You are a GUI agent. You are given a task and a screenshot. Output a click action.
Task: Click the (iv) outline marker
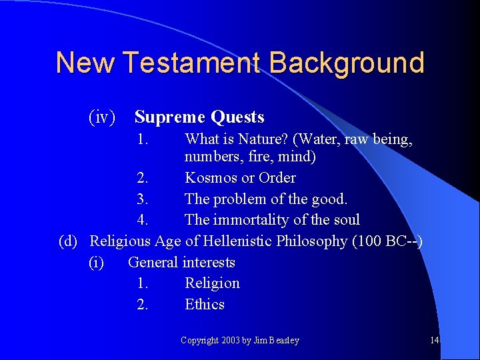click(x=102, y=118)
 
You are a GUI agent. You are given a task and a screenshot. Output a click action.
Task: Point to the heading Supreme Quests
click(x=199, y=118)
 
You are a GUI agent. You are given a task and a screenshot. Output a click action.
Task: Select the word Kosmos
click(x=211, y=178)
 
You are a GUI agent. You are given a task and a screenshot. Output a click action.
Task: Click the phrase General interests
click(x=181, y=262)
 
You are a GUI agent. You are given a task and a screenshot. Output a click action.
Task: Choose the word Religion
click(x=212, y=283)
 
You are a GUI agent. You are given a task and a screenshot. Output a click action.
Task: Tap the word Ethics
click(x=205, y=305)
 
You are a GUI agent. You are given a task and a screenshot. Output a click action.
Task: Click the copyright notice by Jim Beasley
click(x=240, y=341)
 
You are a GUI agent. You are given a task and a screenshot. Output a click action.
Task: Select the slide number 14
click(x=434, y=341)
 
